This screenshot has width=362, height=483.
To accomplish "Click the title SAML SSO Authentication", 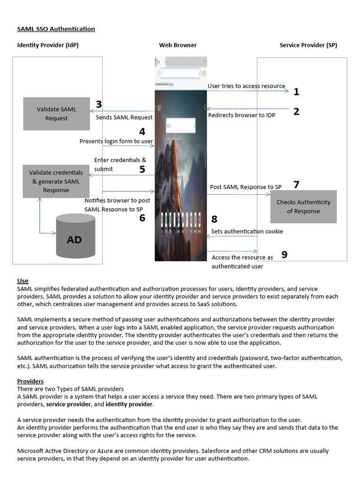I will pos(56,29).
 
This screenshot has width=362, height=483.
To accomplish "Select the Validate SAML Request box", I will pos(57,114).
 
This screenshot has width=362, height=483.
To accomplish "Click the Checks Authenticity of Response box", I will pos(303,207).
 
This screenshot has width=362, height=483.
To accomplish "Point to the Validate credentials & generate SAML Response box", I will pos(56,182).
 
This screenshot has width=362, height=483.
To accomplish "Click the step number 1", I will pos(296,92).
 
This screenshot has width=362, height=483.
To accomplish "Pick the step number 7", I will pos(296,184).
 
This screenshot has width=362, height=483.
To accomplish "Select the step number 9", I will pos(284,255).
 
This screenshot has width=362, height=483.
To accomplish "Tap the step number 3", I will pos(99,105).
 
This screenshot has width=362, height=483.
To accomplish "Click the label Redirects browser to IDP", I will pos(242,115).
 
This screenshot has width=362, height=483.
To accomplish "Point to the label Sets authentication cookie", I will pos(247,231).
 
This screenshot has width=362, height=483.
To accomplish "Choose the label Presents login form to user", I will pos(116,141).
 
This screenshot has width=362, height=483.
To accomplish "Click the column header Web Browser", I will pos(178,45).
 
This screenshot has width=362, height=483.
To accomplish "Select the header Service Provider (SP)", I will pos(308,45).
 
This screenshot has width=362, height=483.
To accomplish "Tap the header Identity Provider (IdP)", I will pos(48,45).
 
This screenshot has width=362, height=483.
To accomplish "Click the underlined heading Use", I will pos(23,281).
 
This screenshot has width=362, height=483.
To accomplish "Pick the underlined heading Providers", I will pos(30,381).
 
